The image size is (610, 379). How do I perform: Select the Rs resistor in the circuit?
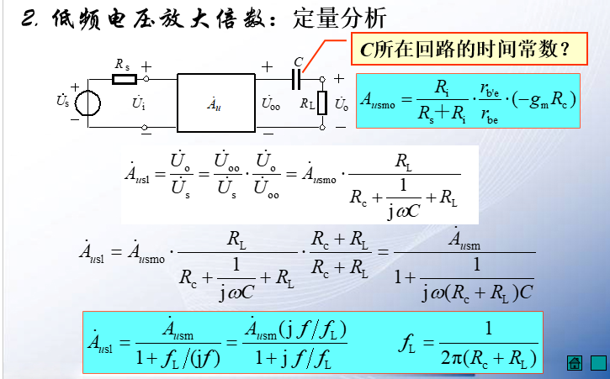[x=124, y=79]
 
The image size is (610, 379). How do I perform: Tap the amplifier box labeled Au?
[x=215, y=103]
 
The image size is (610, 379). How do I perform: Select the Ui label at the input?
[x=139, y=104]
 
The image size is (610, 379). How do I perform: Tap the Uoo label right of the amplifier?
[x=271, y=105]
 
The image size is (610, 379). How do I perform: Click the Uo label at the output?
[x=341, y=105]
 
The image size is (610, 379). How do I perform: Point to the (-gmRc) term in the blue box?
[x=544, y=101]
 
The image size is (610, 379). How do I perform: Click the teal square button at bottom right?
[x=597, y=363]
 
